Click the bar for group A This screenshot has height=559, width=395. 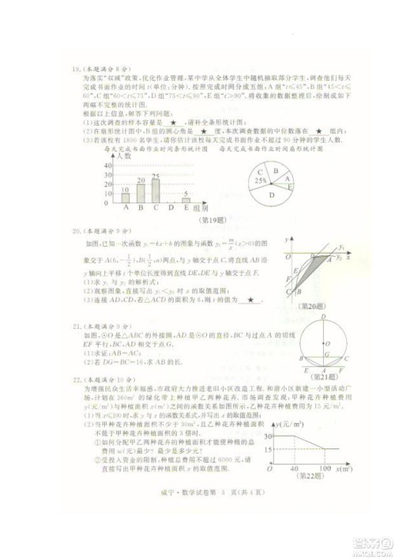pyautogui.click(x=126, y=196)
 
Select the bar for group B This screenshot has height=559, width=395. pyautogui.click(x=141, y=191)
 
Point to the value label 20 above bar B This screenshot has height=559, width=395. pyautogui.click(x=141, y=180)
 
